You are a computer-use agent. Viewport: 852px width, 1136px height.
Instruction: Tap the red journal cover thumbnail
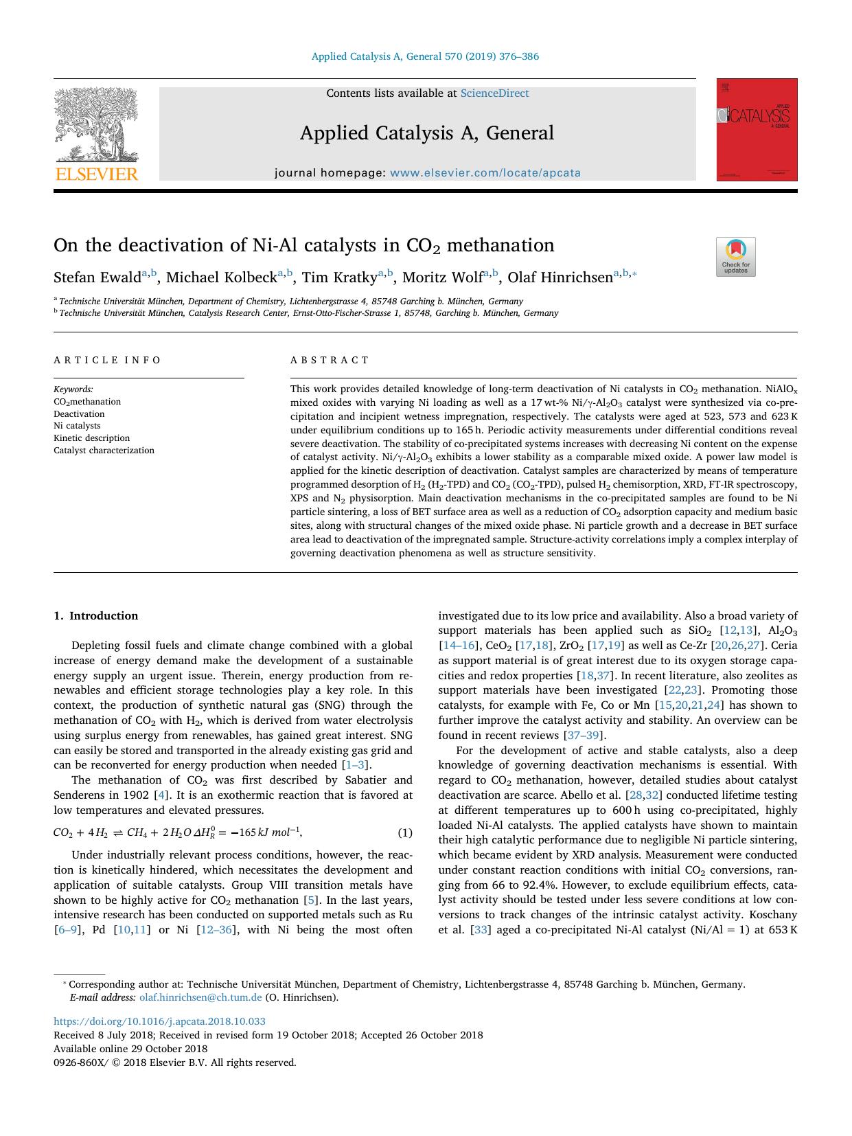pyautogui.click(x=757, y=130)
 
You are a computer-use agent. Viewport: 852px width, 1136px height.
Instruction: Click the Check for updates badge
pyautogui.click(x=735, y=257)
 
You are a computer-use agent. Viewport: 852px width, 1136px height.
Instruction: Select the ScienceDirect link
pyautogui.click(x=494, y=93)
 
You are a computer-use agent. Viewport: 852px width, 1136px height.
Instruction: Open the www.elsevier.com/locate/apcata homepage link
pyautogui.click(x=485, y=173)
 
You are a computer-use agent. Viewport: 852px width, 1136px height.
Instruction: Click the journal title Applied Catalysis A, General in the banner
pyautogui.click(x=426, y=133)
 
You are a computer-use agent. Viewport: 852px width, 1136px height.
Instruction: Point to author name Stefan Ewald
pyautogui.click(x=97, y=277)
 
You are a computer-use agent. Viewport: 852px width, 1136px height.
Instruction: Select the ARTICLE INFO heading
pyautogui.click(x=108, y=360)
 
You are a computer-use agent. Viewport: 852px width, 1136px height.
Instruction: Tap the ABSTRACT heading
pyautogui.click(x=330, y=360)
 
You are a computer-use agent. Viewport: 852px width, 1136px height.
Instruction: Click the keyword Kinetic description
pyautogui.click(x=91, y=438)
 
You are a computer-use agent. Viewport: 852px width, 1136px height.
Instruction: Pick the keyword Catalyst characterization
pyautogui.click(x=104, y=451)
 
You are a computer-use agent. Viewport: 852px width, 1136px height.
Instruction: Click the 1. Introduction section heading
pyautogui.click(x=96, y=616)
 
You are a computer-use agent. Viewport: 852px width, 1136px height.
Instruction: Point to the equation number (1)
pyautogui.click(x=405, y=833)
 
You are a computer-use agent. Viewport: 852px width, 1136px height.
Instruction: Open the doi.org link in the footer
pyautogui.click(x=159, y=1021)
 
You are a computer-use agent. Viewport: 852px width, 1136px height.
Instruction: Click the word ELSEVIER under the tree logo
pyautogui.click(x=96, y=174)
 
